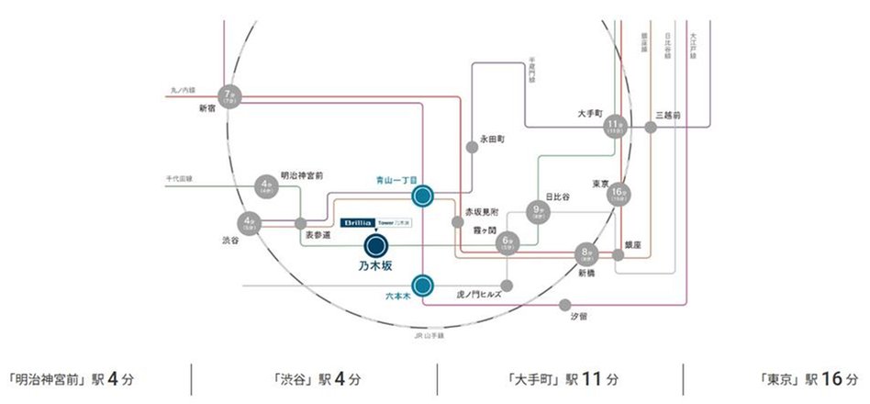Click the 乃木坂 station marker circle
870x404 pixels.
(375, 246)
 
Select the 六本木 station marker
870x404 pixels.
(422, 286)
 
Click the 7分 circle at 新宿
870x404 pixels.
(229, 95)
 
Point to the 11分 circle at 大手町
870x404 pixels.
(615, 128)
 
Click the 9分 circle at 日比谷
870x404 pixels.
(538, 211)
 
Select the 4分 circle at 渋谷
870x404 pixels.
(249, 223)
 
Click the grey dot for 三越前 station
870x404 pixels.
(652, 128)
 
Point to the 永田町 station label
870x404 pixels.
(492, 140)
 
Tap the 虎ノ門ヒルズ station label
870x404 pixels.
(478, 295)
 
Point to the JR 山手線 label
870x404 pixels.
(429, 335)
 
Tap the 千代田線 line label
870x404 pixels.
(179, 177)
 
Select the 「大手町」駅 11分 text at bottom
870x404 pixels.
(561, 378)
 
